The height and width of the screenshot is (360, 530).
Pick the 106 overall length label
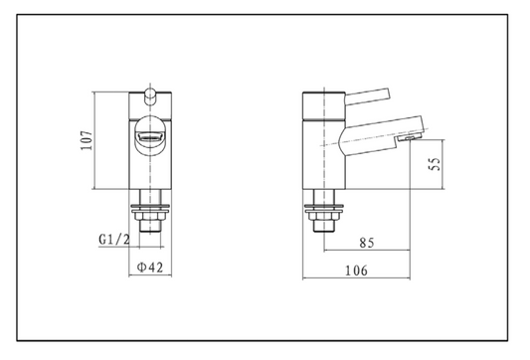tap(356, 270)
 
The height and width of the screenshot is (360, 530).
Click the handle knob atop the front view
tap(148, 95)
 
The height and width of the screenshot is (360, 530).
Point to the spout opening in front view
tap(148, 133)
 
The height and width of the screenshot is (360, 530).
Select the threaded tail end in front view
tap(148, 227)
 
